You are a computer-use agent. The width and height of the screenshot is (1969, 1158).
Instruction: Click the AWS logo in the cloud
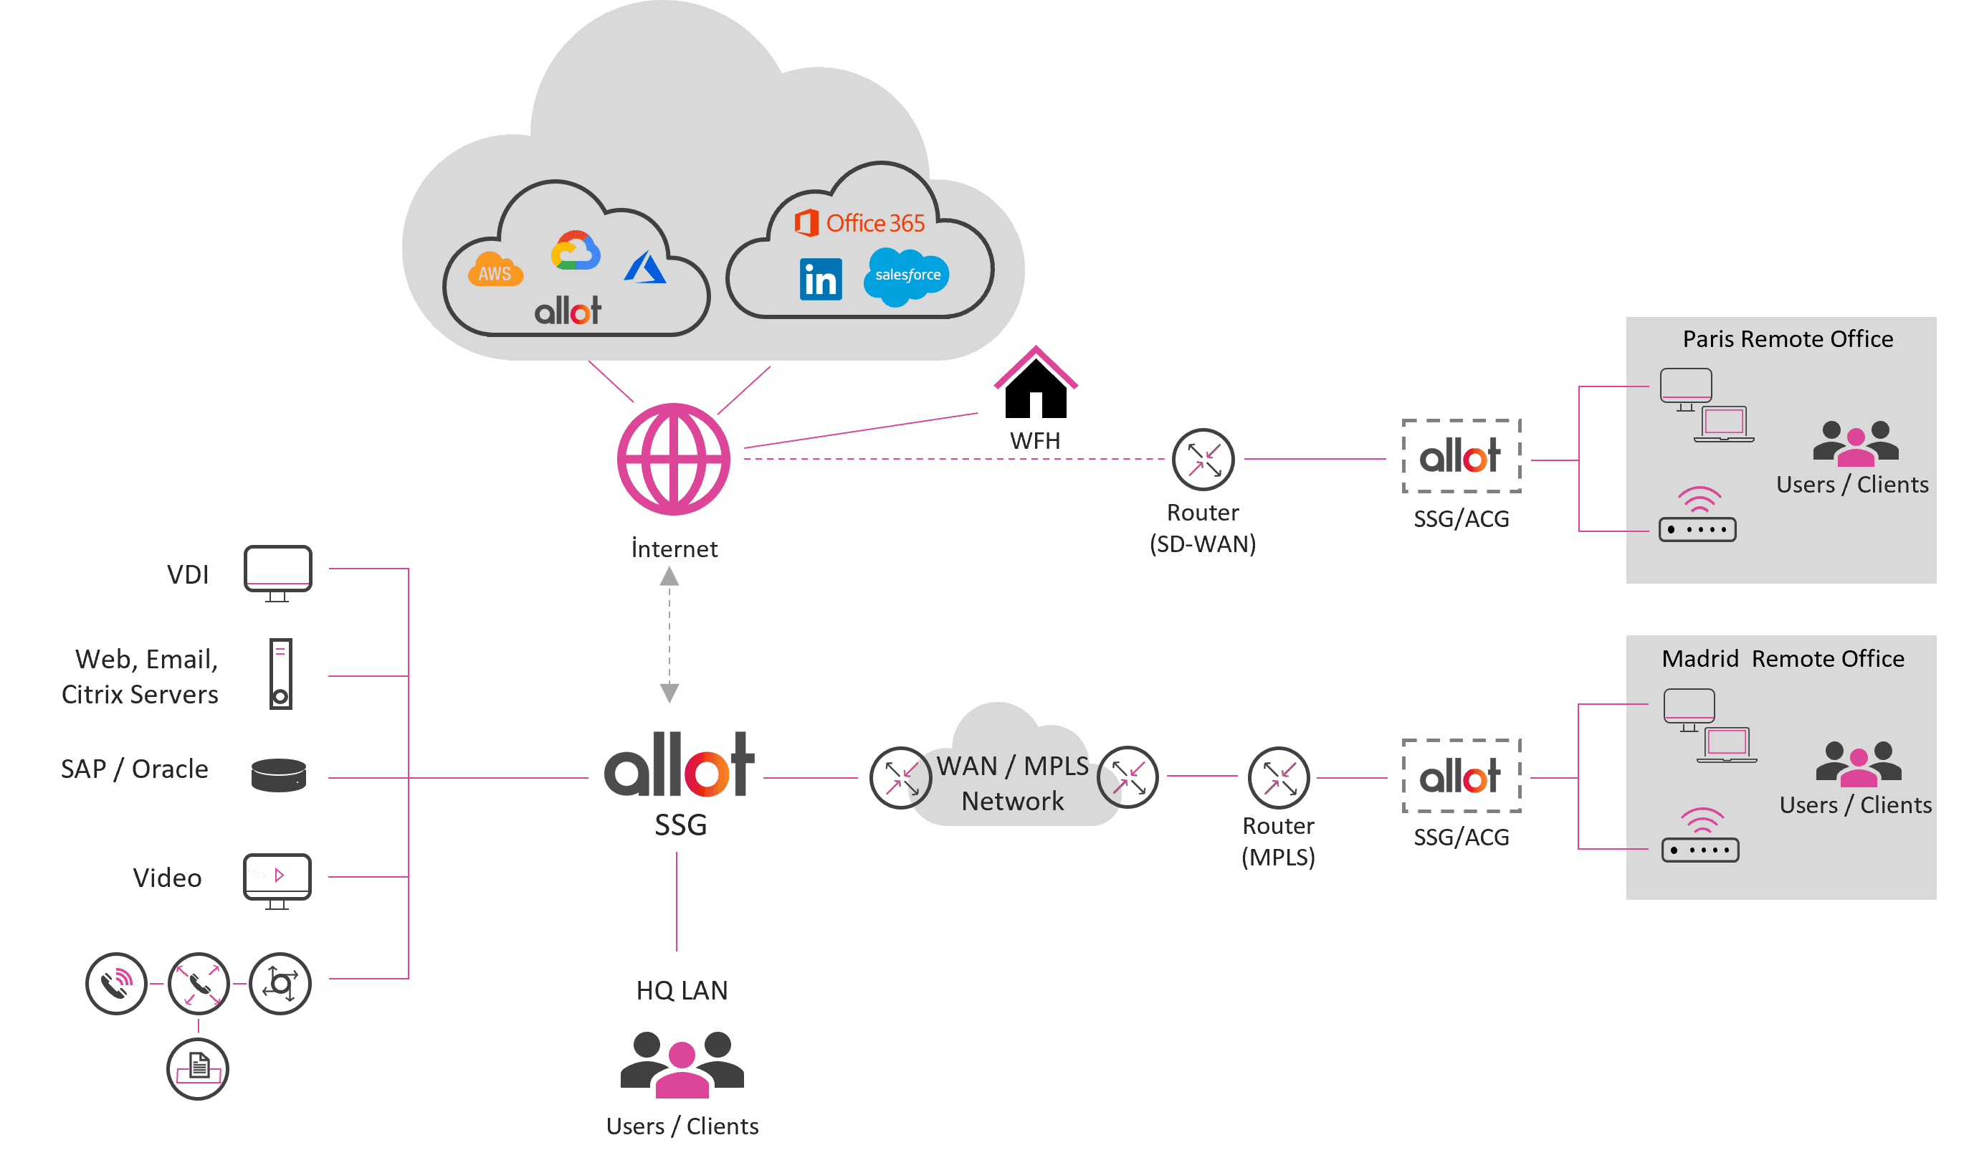[x=495, y=270]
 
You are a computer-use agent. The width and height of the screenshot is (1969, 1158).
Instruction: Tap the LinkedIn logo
[x=821, y=279]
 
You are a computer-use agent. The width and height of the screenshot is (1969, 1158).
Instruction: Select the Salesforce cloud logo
[x=906, y=276]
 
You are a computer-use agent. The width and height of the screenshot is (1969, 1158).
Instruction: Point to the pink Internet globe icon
[x=674, y=460]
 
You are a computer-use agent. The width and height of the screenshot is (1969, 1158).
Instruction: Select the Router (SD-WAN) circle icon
[x=1203, y=460]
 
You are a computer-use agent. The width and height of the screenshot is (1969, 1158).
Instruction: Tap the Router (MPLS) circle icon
[x=1278, y=778]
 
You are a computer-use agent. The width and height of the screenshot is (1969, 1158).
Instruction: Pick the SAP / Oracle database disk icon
[x=279, y=775]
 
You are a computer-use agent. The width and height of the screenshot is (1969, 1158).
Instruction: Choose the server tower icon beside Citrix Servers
[x=280, y=673]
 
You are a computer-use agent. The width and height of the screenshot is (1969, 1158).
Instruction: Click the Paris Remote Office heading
[x=1788, y=339]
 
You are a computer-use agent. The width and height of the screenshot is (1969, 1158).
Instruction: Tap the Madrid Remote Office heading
[x=1783, y=659]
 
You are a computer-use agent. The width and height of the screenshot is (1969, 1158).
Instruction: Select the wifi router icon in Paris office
[x=1698, y=516]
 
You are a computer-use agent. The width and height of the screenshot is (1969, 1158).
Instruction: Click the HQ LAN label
[x=682, y=991]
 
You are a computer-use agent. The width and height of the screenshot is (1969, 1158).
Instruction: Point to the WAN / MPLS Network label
[x=1013, y=783]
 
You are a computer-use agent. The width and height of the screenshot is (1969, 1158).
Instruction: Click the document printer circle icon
[x=198, y=1068]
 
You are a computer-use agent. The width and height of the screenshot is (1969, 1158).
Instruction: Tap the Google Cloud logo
[x=576, y=251]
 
